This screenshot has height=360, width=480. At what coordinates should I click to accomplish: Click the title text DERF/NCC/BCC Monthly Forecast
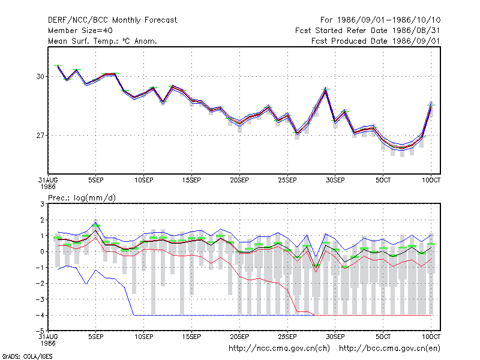[x=112, y=20]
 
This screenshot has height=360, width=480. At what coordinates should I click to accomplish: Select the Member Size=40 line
[x=80, y=31]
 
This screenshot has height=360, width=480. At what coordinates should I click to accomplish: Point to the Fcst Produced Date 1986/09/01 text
[x=376, y=41]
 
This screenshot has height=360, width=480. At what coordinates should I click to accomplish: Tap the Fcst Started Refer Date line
[x=367, y=31]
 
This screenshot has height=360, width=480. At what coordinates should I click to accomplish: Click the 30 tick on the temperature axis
[x=40, y=77]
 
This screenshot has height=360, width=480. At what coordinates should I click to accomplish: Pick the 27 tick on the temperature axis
[x=40, y=136]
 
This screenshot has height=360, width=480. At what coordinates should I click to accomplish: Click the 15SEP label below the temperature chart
[x=191, y=181]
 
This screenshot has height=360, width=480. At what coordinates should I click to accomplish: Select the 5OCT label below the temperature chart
[x=383, y=181]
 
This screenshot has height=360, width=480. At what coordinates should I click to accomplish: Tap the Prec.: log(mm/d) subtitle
[x=82, y=198]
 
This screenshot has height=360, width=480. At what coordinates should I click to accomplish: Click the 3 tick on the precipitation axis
[x=42, y=204]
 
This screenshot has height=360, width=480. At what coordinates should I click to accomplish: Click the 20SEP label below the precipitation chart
[x=239, y=337]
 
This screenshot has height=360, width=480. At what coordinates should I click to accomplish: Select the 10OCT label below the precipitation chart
[x=431, y=337]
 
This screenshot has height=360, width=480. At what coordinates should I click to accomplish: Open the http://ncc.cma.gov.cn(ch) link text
[x=279, y=349]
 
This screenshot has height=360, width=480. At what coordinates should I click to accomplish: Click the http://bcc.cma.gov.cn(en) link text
[x=389, y=349]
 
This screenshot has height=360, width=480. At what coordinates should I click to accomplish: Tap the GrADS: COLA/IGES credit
[x=27, y=356]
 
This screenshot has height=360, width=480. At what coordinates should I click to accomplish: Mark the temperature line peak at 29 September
[x=326, y=89]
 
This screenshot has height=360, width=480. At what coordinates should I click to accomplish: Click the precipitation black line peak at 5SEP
[x=96, y=230]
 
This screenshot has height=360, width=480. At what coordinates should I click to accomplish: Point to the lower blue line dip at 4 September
[x=86, y=284]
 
